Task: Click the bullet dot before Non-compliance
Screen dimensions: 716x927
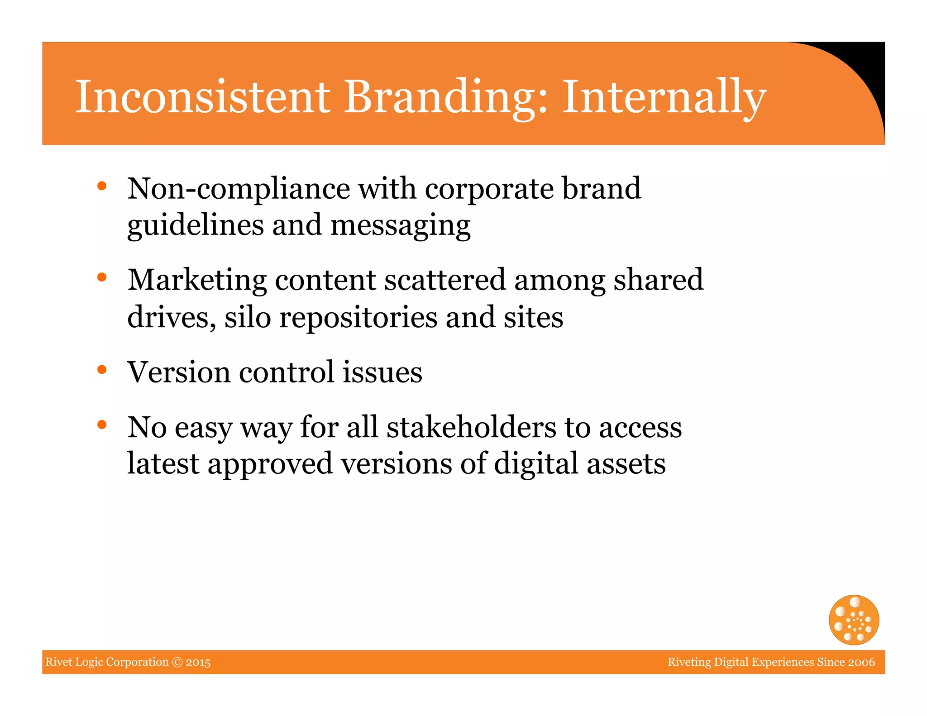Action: (102, 186)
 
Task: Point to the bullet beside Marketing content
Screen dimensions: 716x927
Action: (102, 277)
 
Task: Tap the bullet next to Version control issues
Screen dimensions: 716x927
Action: (102, 370)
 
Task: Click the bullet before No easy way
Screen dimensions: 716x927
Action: (102, 425)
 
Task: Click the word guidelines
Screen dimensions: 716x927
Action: (195, 225)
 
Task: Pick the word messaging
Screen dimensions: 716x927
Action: (401, 225)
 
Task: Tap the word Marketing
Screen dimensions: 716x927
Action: (197, 280)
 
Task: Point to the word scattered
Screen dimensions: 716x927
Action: (444, 280)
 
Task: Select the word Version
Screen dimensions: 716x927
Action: (179, 372)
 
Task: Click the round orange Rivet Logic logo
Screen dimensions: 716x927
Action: (854, 620)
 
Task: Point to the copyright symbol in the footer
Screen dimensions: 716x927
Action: (177, 662)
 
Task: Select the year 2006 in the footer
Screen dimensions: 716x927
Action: (861, 662)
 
